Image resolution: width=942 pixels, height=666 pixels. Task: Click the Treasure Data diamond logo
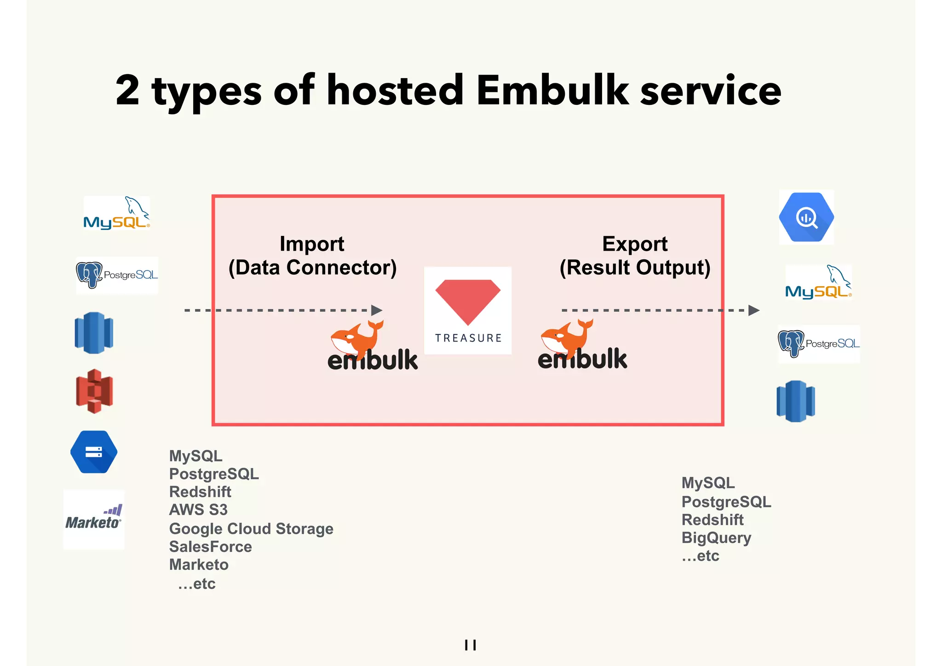(x=467, y=310)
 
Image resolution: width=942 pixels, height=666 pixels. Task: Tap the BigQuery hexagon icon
(x=806, y=217)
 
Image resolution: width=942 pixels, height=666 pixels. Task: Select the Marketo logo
(x=94, y=520)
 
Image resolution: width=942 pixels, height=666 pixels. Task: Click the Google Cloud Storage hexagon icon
(x=94, y=452)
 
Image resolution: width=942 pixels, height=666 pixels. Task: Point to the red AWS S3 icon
(x=94, y=391)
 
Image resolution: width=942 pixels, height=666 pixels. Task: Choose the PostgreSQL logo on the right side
(x=819, y=344)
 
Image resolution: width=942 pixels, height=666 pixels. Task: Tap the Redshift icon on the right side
(x=796, y=401)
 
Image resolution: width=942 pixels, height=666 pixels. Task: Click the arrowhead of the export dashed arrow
(x=753, y=310)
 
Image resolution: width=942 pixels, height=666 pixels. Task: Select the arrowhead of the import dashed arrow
(x=377, y=310)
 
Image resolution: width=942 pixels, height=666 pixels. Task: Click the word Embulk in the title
(x=552, y=90)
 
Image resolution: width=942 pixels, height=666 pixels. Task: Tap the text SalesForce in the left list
(x=211, y=547)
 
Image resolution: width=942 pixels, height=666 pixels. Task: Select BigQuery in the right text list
(x=716, y=538)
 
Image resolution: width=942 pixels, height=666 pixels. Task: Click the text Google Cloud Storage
(x=251, y=529)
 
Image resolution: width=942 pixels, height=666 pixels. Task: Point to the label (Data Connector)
(x=312, y=268)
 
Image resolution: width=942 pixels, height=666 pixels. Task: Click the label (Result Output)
(x=635, y=268)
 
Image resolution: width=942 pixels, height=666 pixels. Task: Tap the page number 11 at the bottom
(x=470, y=645)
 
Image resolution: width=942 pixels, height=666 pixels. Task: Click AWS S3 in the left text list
(x=198, y=510)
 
